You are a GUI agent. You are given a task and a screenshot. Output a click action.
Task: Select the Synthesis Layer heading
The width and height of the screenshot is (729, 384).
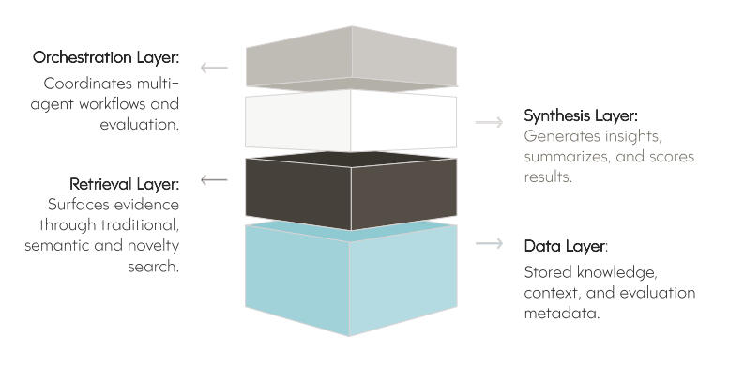pos(581,116)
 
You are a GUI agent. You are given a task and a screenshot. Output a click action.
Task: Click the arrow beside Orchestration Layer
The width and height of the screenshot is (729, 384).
pos(214,68)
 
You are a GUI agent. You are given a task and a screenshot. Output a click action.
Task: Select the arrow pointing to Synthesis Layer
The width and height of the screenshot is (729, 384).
pos(489,122)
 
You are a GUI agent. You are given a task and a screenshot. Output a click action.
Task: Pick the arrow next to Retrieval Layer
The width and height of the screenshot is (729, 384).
pos(214,179)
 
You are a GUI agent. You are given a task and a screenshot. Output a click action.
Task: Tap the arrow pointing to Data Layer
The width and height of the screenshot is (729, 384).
pos(489,244)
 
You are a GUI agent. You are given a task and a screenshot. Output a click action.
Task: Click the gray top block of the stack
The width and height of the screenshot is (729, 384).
pos(351,56)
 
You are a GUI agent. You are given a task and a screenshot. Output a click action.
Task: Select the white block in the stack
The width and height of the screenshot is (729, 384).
pos(351,120)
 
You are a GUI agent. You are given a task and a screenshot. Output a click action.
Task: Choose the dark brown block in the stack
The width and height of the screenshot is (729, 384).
pos(351,192)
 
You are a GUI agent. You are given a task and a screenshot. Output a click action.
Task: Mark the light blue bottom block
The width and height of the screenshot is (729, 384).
pos(351,282)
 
